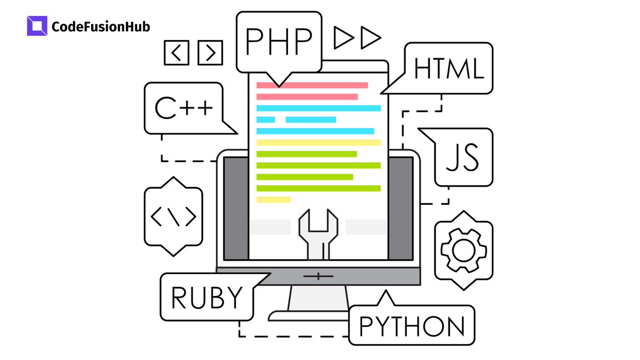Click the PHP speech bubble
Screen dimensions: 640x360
click(278, 42)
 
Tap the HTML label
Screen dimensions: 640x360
click(449, 68)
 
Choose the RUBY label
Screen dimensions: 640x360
click(207, 297)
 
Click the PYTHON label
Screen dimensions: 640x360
click(412, 325)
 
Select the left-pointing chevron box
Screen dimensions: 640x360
click(177, 52)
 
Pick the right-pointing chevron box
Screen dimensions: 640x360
click(210, 52)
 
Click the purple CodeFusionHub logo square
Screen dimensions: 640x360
click(37, 26)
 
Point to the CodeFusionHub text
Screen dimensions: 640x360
click(101, 27)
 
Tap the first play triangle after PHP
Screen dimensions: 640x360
click(344, 37)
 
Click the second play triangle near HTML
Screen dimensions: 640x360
click(371, 37)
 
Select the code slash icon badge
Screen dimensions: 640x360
click(173, 217)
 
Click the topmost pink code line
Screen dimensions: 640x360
click(312, 85)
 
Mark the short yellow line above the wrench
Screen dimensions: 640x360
click(274, 199)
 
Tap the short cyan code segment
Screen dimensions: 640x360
click(266, 119)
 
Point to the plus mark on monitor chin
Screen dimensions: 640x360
click(318, 276)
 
